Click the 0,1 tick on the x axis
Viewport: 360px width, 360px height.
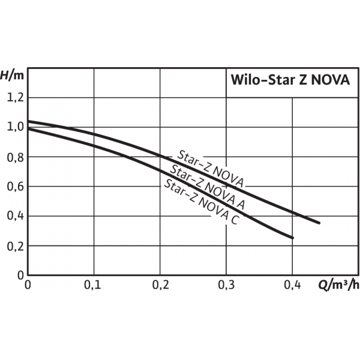pos(94,284)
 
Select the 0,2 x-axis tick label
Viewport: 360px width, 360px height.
pos(160,284)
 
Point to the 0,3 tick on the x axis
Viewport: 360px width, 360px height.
pos(226,284)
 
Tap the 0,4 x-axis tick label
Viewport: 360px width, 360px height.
pos(292,284)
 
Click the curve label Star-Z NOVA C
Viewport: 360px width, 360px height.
pos(202,202)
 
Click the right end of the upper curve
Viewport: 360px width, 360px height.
pos(319,223)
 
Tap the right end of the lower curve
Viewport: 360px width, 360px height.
pos(293,238)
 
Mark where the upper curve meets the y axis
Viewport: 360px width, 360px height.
pos(29,121)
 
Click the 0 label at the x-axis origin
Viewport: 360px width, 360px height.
pos(28,284)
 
